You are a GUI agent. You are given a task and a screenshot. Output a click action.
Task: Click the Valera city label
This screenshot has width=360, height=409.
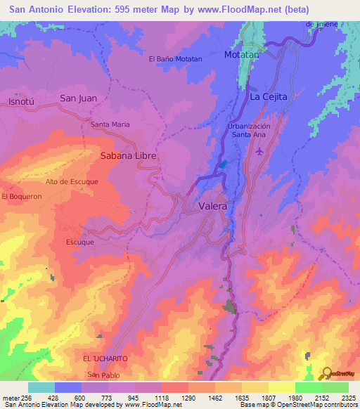(x=213, y=207)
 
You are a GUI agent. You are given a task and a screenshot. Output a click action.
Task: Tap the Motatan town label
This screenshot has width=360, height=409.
(x=241, y=54)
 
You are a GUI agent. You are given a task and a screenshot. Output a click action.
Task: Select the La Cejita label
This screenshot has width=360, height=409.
(x=269, y=97)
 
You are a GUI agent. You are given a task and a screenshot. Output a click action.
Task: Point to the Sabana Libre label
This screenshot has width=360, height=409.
(x=127, y=155)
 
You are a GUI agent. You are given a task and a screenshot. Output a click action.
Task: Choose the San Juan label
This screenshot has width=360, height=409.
(x=78, y=98)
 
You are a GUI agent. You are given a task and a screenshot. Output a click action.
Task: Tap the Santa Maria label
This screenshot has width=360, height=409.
(x=110, y=124)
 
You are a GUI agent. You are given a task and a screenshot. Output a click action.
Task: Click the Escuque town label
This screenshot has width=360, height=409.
(x=79, y=242)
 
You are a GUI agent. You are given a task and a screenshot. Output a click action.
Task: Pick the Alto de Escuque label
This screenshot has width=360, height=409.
(x=72, y=181)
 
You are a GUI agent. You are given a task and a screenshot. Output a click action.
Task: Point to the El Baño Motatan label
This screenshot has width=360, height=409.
(x=175, y=59)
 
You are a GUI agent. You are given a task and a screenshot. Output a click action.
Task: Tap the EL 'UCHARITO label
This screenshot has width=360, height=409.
(x=105, y=358)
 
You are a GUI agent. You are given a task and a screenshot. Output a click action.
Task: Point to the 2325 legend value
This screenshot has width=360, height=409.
(x=348, y=397)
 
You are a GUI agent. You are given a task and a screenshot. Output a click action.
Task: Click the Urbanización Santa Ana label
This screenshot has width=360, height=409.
(x=249, y=129)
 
